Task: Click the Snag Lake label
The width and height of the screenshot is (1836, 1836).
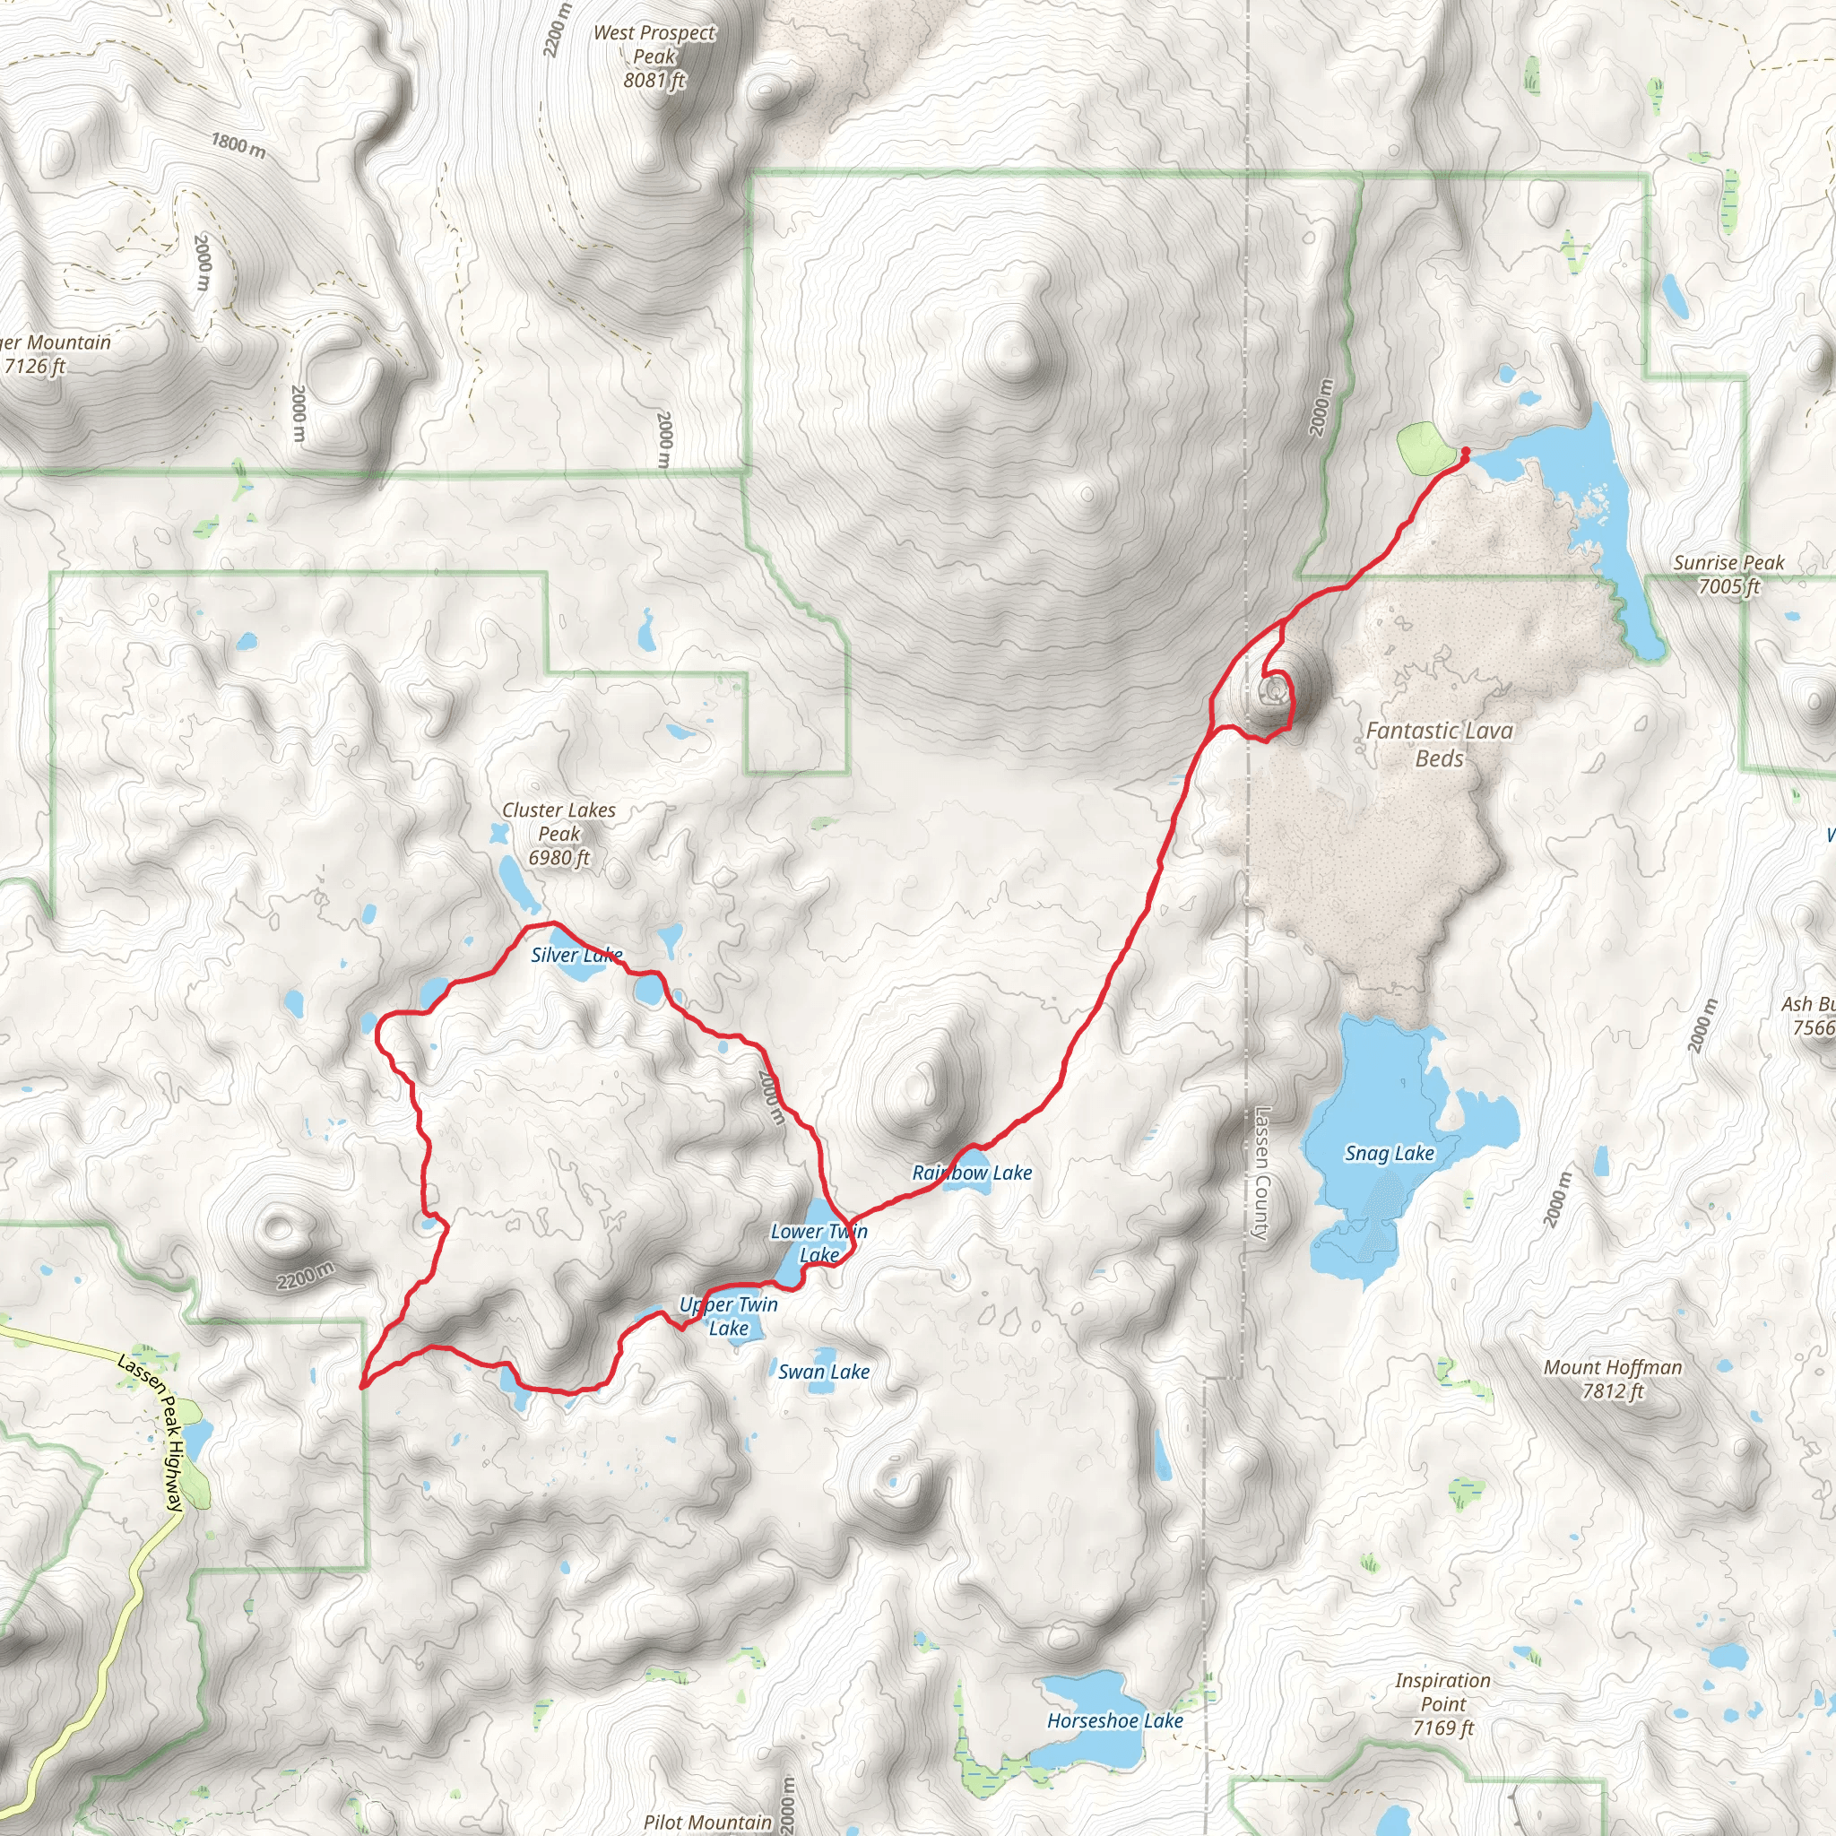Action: (1389, 1153)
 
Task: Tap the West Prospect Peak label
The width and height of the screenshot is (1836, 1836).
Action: (654, 56)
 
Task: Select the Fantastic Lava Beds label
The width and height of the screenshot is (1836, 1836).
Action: (1439, 744)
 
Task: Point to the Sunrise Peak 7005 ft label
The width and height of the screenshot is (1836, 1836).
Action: (1728, 574)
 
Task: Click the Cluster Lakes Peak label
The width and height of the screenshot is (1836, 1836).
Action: (559, 834)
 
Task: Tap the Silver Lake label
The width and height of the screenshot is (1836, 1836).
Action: (576, 954)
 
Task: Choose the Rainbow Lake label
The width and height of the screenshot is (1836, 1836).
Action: (972, 1173)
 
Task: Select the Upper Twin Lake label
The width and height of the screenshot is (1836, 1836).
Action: (728, 1316)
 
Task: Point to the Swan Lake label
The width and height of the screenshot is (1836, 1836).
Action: (823, 1372)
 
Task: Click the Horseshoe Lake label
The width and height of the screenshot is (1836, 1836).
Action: (1114, 1721)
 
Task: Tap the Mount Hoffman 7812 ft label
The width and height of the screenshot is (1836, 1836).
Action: (1612, 1379)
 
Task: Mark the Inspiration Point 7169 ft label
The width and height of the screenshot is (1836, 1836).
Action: (1442, 1704)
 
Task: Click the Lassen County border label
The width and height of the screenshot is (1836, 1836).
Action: (1261, 1173)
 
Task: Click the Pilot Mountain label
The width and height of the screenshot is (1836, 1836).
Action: (707, 1822)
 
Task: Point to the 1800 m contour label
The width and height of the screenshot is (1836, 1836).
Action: (238, 144)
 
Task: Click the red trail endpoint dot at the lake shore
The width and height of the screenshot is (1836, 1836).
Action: (1466, 450)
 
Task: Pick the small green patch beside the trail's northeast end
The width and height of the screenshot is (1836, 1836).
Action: (1423, 448)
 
